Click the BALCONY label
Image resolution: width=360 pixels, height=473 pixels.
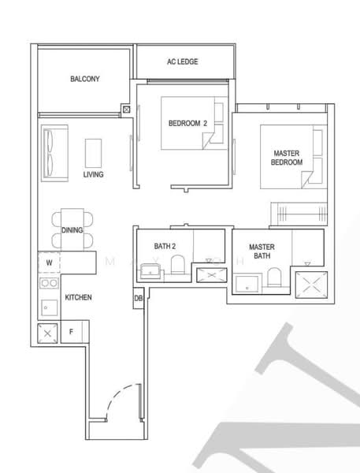click(84, 80)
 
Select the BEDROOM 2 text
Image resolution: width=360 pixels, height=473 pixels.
click(187, 124)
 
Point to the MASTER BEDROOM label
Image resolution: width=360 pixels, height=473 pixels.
click(287, 157)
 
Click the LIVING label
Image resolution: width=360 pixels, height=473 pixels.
click(93, 174)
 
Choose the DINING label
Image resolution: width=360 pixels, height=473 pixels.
click(72, 230)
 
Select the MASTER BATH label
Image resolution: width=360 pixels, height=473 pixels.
click(261, 251)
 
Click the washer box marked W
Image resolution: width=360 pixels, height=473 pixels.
click(49, 262)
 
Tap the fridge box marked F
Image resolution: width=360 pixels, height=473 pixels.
click(72, 332)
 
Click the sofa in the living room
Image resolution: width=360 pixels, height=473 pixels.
click(50, 151)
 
